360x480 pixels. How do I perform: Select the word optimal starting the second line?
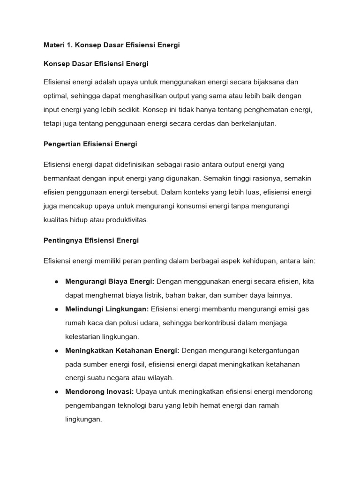pos(55,96)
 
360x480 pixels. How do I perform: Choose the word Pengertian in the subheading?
pos(62,144)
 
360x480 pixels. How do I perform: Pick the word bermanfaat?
pos(62,179)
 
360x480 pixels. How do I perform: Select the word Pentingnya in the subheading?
pos(63,240)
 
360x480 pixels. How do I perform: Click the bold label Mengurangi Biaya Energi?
pos(110,282)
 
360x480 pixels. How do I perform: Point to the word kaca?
pos(95,323)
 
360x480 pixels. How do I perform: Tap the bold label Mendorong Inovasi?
pos(100,392)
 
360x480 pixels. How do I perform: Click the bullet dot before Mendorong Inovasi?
pos(56,392)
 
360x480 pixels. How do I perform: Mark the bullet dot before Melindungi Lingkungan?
pos(56,309)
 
